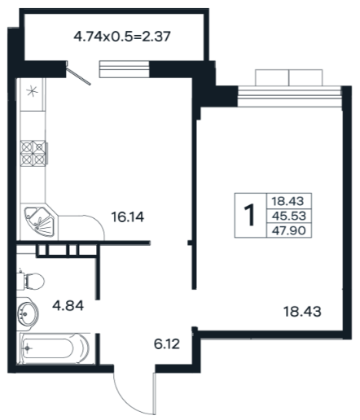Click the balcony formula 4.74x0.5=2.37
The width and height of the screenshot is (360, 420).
(122, 37)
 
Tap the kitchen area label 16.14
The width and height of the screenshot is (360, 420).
(128, 217)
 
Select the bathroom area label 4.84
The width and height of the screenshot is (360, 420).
(68, 306)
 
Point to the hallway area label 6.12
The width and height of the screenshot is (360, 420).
(167, 344)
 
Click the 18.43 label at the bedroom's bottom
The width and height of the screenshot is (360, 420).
(302, 312)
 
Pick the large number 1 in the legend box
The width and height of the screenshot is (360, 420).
(249, 215)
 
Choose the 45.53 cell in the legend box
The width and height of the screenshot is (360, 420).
(289, 216)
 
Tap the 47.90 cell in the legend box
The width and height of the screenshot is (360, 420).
(289, 230)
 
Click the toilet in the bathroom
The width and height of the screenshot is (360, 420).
(30, 281)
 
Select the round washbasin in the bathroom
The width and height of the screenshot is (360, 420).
(27, 314)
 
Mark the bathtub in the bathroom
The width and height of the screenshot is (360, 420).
(55, 348)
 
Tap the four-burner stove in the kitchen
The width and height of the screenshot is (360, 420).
(33, 153)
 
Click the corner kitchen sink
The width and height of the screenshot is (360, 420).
(40, 221)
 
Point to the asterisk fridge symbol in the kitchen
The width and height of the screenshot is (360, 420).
(33, 91)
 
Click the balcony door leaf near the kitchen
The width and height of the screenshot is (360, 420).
(79, 76)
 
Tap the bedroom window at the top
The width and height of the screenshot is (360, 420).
(289, 96)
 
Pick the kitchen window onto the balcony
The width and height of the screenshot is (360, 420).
(125, 69)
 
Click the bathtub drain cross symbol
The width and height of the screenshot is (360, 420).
(27, 348)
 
